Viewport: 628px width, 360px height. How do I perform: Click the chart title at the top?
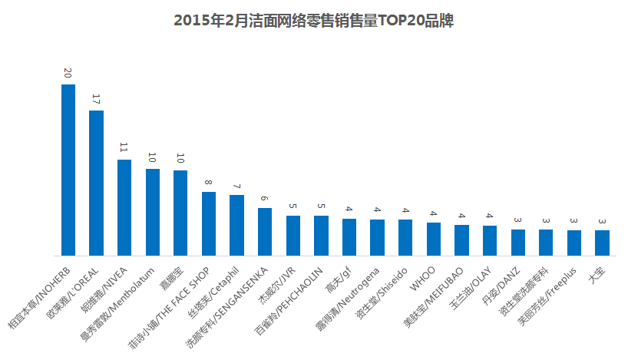(x=313, y=21)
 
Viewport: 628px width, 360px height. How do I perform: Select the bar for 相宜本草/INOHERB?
(x=68, y=170)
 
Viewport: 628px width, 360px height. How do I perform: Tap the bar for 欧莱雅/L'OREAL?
(x=96, y=183)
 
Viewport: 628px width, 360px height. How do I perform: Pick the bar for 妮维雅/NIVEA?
(x=124, y=207)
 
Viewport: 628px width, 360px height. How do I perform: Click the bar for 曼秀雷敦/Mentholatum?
(x=153, y=212)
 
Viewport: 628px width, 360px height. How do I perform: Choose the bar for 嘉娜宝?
(x=180, y=213)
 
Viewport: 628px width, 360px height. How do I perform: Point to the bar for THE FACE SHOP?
(x=209, y=224)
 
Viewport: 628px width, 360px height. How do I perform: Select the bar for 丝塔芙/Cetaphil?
(x=236, y=226)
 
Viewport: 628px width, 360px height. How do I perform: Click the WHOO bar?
(x=434, y=239)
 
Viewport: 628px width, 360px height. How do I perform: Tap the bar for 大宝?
(x=603, y=243)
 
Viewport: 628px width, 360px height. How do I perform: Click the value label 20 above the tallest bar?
(x=68, y=73)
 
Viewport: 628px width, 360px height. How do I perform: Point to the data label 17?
(x=96, y=99)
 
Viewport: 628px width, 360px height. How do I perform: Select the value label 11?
(x=124, y=147)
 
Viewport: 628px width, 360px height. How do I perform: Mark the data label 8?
(x=208, y=182)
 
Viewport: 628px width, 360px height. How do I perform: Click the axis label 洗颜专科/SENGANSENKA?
(x=226, y=308)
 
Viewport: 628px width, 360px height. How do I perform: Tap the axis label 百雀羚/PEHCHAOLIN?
(x=289, y=301)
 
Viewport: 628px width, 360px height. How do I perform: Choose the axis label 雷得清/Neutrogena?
(x=347, y=300)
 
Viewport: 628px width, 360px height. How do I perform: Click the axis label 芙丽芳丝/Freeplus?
(x=547, y=296)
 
